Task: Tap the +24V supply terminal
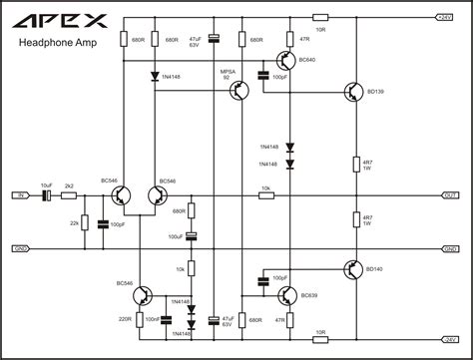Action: pyautogui.click(x=444, y=17)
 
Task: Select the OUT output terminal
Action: pyautogui.click(x=448, y=195)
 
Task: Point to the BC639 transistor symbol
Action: pyautogui.click(x=285, y=294)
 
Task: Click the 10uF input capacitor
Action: pyautogui.click(x=46, y=195)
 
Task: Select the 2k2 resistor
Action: pyautogui.click(x=69, y=195)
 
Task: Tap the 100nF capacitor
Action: pyautogui.click(x=166, y=319)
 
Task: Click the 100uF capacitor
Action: pyautogui.click(x=192, y=236)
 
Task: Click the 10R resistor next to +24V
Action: pyautogui.click(x=319, y=17)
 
